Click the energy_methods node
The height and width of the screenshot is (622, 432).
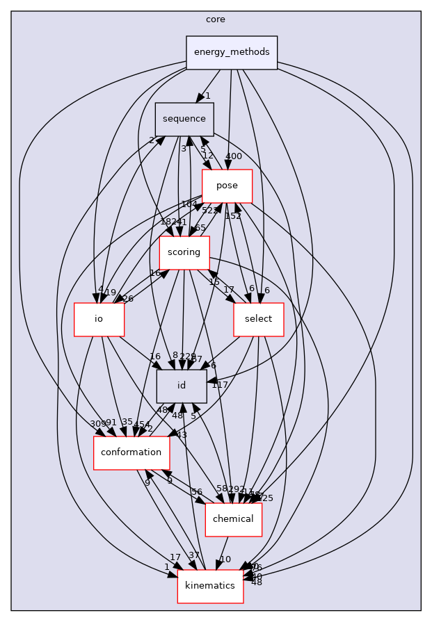pos(232,53)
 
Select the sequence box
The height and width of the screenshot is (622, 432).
pos(184,119)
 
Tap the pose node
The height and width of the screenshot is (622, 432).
pos(227,186)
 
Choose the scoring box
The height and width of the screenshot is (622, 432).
pos(184,252)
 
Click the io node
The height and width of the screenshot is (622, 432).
pos(99,319)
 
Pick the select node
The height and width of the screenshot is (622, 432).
pos(259,319)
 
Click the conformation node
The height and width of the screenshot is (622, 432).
pos(131,452)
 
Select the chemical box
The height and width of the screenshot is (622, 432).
pos(233,519)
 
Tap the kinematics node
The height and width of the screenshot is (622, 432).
pos(211,586)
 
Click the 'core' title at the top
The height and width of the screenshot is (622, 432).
pos(216,19)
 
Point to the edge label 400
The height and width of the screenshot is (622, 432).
pos(234,156)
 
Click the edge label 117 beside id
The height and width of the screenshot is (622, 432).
pos(221,384)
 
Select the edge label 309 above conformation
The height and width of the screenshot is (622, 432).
pos(98,423)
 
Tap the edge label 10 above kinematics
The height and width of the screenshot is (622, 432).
pos(225,559)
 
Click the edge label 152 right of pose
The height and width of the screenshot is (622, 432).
pos(232,216)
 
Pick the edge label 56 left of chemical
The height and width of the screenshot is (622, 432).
pos(197,491)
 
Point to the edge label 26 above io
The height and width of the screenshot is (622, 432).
pos(128,299)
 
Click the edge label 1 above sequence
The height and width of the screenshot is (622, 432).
pos(207,95)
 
